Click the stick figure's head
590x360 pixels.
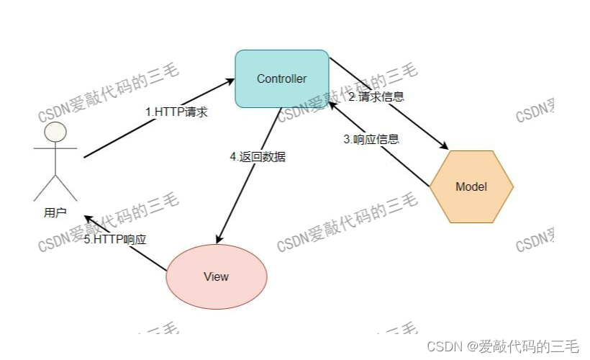55,132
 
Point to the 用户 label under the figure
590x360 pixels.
55,212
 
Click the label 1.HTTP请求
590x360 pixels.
176,112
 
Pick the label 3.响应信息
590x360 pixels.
371,140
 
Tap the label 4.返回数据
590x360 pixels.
257,156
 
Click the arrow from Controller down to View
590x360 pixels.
248,176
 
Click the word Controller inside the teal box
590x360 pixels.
282,78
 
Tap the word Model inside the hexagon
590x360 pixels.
471,186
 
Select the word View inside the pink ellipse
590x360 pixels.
216,276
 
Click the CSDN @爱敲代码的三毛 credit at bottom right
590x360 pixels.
503,346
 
